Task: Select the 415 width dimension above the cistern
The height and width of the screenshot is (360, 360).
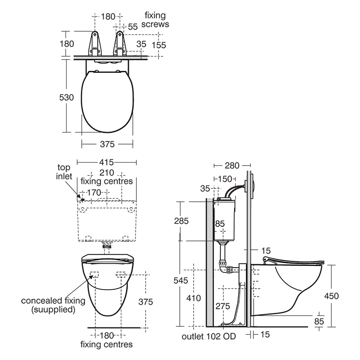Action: (x=107, y=162)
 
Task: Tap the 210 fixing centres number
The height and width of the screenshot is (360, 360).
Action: (x=107, y=173)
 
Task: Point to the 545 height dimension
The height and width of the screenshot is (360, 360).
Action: (x=181, y=280)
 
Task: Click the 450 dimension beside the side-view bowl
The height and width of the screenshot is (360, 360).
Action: (x=331, y=296)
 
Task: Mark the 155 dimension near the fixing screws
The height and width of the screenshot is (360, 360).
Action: (x=159, y=45)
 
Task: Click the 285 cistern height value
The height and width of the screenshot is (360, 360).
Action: (x=181, y=220)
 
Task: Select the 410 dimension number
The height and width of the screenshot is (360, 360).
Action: (x=194, y=298)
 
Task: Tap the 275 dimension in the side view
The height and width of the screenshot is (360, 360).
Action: (x=223, y=306)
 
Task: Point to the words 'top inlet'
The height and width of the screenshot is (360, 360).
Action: (x=64, y=172)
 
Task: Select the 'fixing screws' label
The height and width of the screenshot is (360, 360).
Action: (x=156, y=20)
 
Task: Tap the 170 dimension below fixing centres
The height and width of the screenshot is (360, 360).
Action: (x=94, y=192)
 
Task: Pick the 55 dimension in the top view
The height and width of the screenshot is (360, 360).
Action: (x=132, y=26)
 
